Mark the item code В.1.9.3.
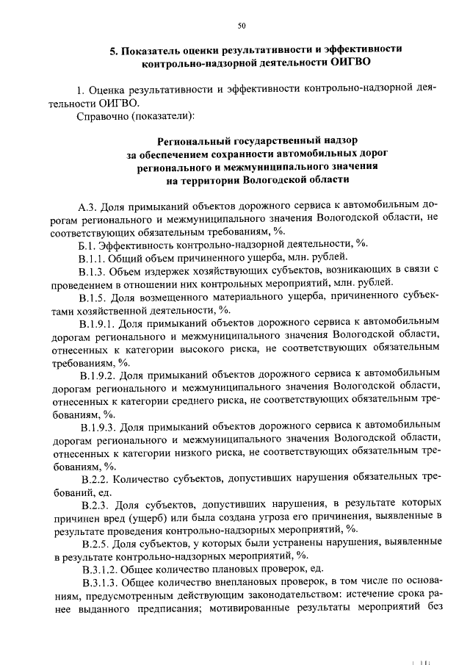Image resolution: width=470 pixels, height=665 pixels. point(98,425)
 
